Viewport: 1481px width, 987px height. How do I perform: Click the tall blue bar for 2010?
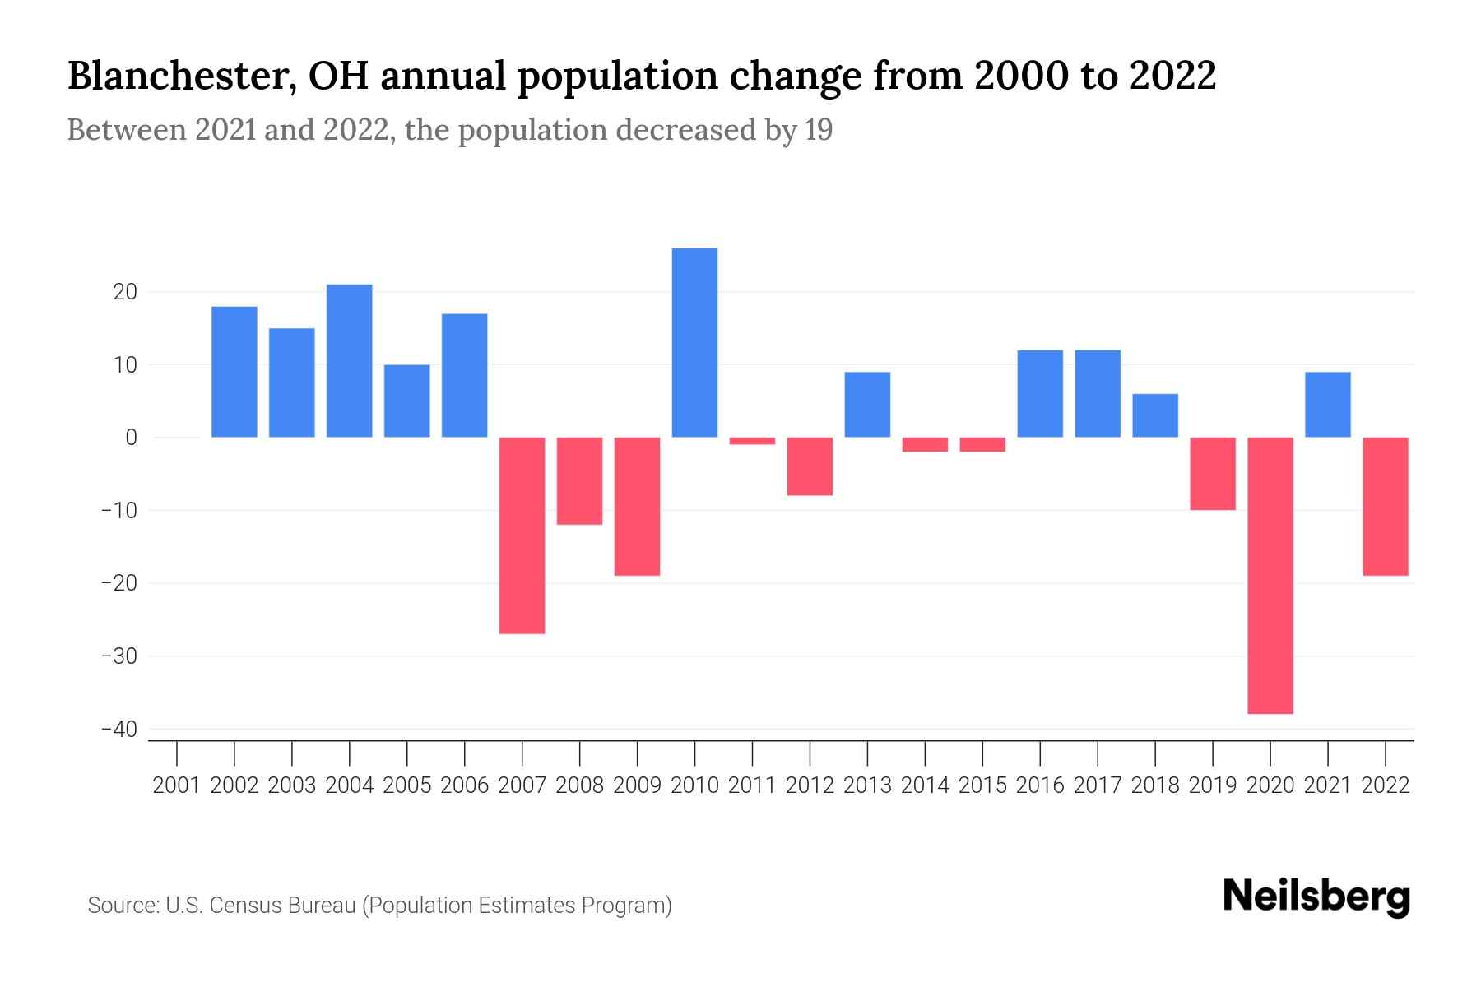(x=694, y=342)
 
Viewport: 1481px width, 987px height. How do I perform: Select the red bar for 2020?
(x=1270, y=575)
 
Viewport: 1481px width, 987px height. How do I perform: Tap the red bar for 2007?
(x=522, y=535)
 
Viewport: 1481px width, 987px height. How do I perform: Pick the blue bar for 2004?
(x=349, y=360)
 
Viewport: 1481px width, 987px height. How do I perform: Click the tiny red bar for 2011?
(x=752, y=441)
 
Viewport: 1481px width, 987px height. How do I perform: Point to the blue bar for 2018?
(x=1155, y=415)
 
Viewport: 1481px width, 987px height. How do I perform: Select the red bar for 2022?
(x=1386, y=506)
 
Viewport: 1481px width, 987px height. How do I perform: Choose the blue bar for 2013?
(x=867, y=405)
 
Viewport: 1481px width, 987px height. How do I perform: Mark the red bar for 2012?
(x=810, y=466)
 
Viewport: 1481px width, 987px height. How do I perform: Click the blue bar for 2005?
(x=406, y=401)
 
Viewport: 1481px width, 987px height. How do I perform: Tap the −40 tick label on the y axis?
(x=118, y=730)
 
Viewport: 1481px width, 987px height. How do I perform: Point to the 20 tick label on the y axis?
(x=125, y=292)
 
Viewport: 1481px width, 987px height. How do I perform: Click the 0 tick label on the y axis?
(x=131, y=438)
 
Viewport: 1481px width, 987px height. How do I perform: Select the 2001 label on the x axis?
(x=177, y=785)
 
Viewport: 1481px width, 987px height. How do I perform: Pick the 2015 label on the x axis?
(x=982, y=785)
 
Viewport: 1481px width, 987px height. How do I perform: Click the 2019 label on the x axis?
(x=1213, y=785)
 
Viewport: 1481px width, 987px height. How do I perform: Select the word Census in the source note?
(x=243, y=906)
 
